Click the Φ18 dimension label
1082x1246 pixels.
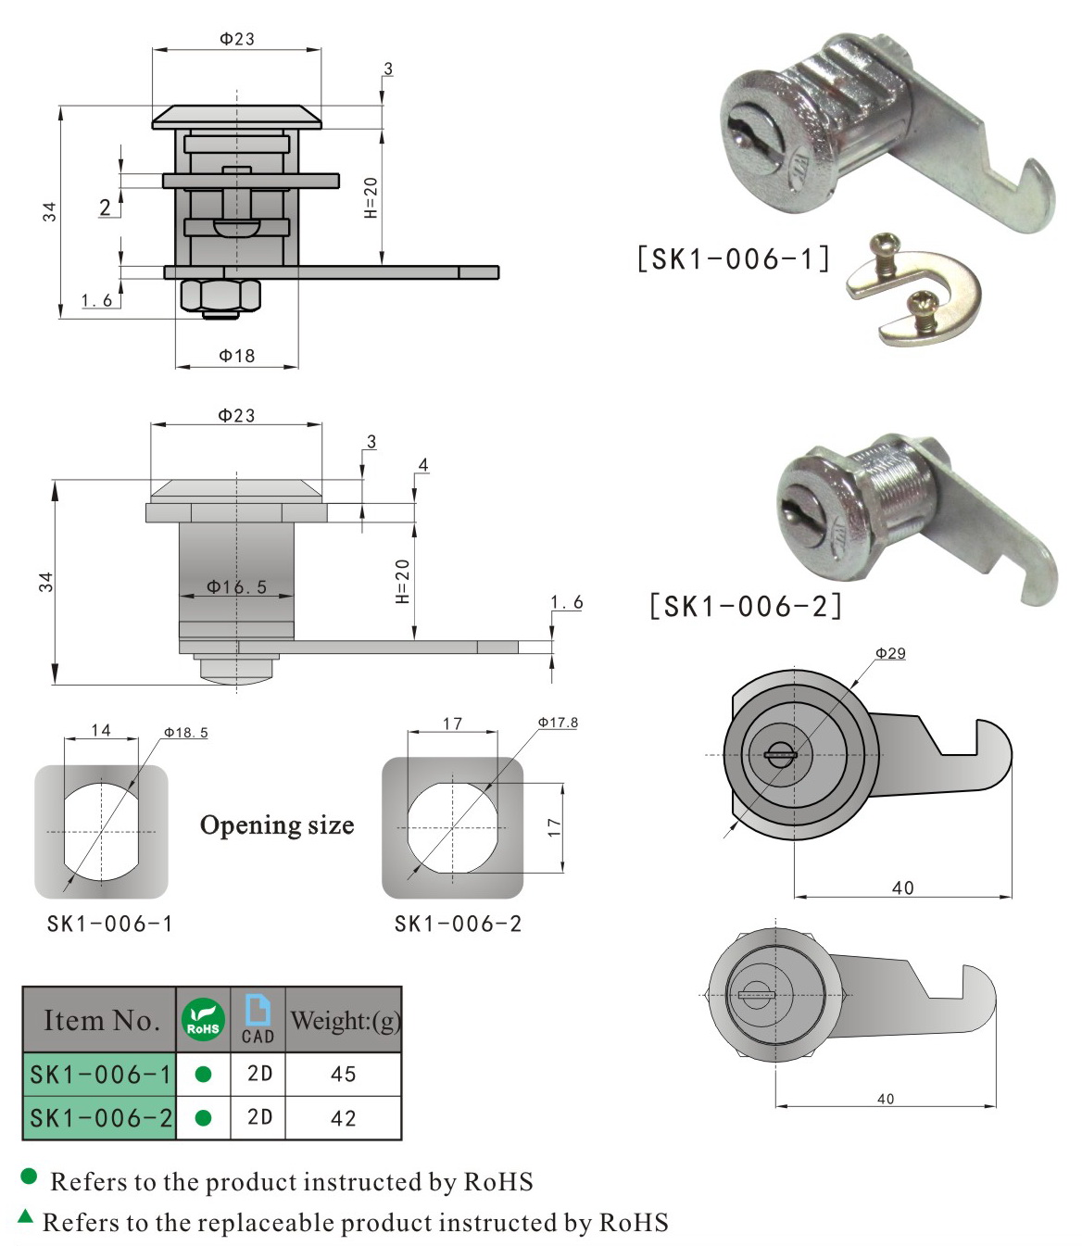pyautogui.click(x=236, y=356)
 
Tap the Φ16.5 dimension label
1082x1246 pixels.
pyautogui.click(x=236, y=586)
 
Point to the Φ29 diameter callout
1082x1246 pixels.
pyautogui.click(x=890, y=653)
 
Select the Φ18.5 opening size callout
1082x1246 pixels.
pyautogui.click(x=185, y=733)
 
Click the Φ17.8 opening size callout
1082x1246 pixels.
pyautogui.click(x=558, y=723)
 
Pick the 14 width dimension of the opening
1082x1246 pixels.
pyautogui.click(x=101, y=730)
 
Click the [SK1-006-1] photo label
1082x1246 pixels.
pyautogui.click(x=733, y=258)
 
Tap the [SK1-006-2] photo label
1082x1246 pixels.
pyautogui.click(x=746, y=607)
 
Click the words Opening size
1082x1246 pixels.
pyautogui.click(x=277, y=825)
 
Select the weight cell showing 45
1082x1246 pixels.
pyautogui.click(x=343, y=1074)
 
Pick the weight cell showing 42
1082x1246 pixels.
pyautogui.click(x=343, y=1118)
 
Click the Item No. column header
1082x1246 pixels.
pyautogui.click(x=101, y=1020)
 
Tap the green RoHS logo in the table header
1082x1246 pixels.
pyautogui.click(x=203, y=1019)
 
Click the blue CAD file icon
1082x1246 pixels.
pyautogui.click(x=258, y=1009)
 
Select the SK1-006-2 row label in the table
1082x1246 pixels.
pyautogui.click(x=101, y=1118)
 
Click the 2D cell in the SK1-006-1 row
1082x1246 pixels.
pyautogui.click(x=259, y=1074)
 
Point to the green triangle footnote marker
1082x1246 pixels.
pyautogui.click(x=26, y=1216)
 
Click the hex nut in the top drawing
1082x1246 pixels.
pyautogui.click(x=221, y=296)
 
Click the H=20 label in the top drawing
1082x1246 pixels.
pyautogui.click(x=371, y=197)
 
